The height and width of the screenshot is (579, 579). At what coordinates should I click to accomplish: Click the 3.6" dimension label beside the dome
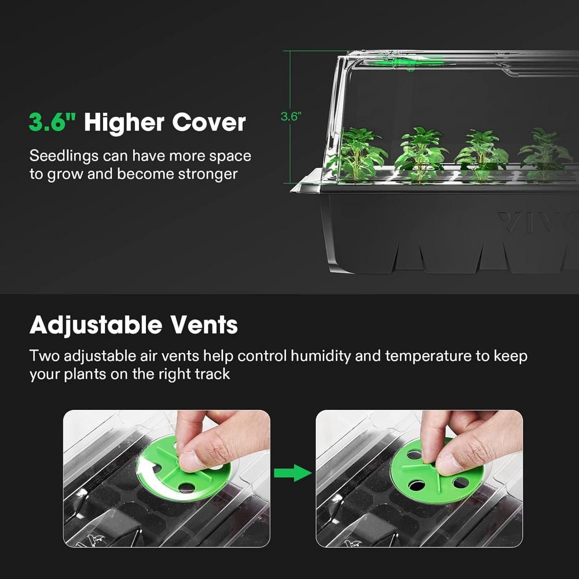pyautogui.click(x=291, y=116)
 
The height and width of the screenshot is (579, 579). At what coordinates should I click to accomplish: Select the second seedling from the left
pyautogui.click(x=420, y=153)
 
